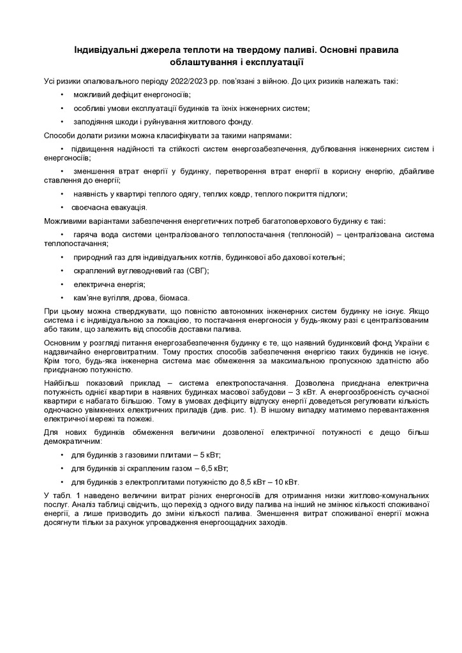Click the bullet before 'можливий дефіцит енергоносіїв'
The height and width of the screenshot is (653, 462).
click(x=62, y=94)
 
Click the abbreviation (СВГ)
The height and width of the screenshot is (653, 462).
click(x=198, y=270)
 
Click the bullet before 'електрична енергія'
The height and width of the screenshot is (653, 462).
click(x=62, y=284)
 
